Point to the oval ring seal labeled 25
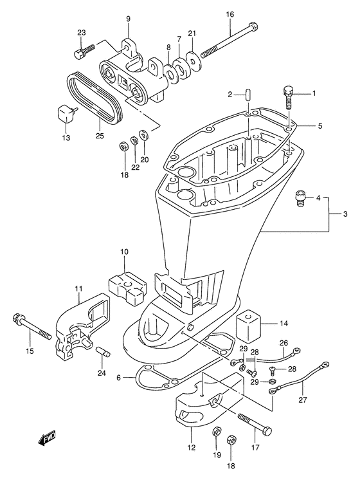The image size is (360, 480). (x=94, y=98)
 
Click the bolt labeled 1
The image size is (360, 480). (x=288, y=97)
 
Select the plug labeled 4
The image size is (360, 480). (x=300, y=198)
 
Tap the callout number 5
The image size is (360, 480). (x=320, y=126)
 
